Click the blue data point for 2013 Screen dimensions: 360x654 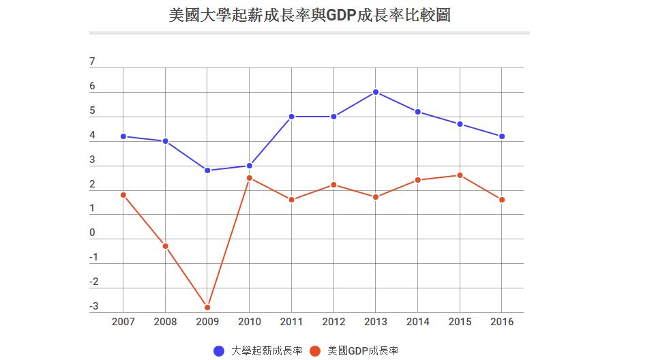pos(376,92)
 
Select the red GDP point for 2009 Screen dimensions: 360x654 pos(207,307)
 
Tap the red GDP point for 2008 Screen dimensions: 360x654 pos(165,246)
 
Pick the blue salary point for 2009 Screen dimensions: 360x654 pos(207,170)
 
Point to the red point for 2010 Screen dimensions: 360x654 pos(250,178)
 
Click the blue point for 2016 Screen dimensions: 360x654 pos(502,136)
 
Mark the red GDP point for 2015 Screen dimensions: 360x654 pos(460,175)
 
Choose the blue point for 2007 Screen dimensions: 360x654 pos(123,136)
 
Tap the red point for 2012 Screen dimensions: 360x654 pos(333,185)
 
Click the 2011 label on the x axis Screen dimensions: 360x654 pos(291,322)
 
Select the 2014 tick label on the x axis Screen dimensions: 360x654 pos(418,322)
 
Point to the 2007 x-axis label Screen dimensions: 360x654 pos(123,322)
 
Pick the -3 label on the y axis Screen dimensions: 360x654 pos(93,306)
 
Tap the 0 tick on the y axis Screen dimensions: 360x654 pos(93,233)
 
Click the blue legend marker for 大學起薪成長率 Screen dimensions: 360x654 pos(219,351)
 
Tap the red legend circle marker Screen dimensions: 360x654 pos(315,351)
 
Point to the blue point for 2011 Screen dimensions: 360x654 pos(291,117)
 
